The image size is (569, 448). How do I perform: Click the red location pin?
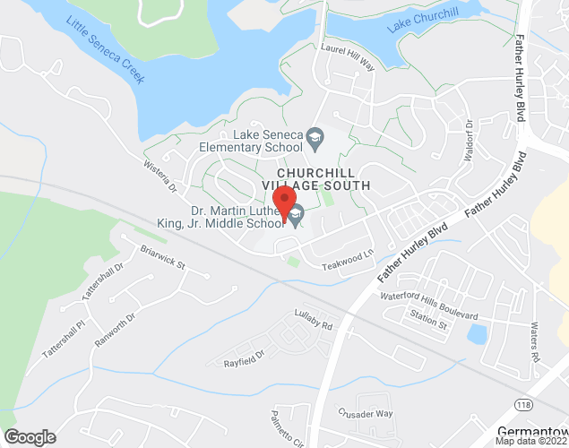284,202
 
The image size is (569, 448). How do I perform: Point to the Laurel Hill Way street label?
348,56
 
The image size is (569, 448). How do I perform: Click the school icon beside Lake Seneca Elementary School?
315,138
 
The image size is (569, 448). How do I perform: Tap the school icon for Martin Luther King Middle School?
296,215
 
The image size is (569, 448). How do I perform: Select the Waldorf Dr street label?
468,138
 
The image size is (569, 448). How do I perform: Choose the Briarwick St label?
160,259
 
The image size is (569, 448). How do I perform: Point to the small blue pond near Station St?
478,334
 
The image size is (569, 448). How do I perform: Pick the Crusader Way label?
366,413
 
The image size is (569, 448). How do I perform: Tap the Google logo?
29,437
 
